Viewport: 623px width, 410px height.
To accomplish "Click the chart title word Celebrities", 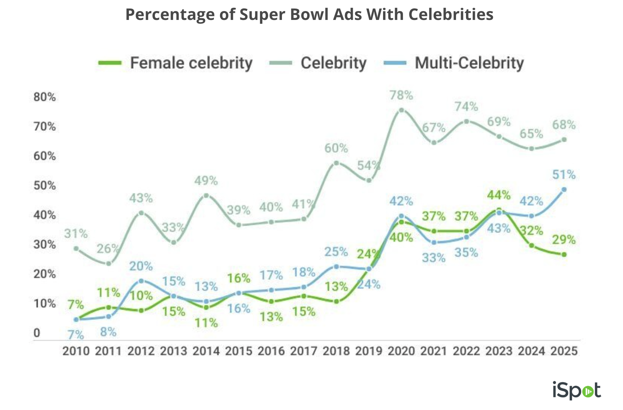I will click(x=450, y=15).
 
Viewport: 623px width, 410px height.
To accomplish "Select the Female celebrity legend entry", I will click(x=191, y=63).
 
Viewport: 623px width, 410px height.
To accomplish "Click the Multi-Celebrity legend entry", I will click(x=469, y=63).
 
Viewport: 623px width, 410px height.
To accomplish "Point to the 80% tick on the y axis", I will click(x=44, y=97).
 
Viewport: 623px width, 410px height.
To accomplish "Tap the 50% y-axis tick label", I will click(x=44, y=185).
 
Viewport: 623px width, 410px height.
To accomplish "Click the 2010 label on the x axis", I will click(x=76, y=351).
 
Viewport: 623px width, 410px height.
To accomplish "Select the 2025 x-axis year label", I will click(x=564, y=351).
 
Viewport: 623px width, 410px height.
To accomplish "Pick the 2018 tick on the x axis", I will click(x=336, y=351).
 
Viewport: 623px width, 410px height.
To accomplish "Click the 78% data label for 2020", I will click(x=401, y=95).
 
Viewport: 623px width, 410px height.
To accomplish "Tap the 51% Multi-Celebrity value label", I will click(x=564, y=175).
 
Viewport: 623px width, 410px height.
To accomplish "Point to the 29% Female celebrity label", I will click(x=564, y=240).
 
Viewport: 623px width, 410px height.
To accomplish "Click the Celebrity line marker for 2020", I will click(x=401, y=110).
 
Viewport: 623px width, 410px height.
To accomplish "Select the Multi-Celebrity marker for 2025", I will click(x=564, y=190).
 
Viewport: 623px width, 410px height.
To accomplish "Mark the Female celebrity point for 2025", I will click(x=564, y=254).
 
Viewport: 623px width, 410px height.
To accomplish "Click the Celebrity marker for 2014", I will click(x=206, y=195).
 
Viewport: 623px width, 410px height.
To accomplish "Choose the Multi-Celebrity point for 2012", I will click(x=141, y=281).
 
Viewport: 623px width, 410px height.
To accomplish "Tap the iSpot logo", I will click(x=576, y=390).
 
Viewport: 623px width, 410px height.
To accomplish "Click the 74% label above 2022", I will click(x=466, y=106).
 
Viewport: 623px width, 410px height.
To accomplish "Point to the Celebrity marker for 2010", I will click(x=76, y=248).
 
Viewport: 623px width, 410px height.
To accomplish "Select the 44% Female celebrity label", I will click(x=499, y=195).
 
